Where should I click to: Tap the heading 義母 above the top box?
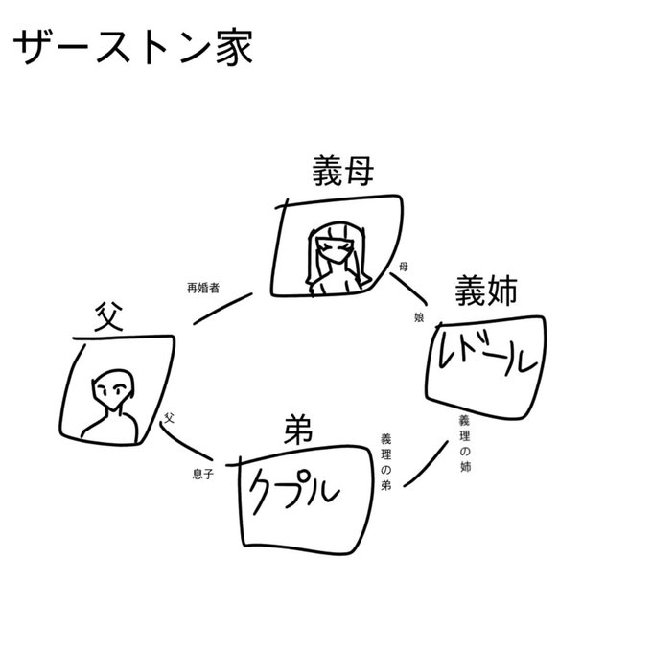(342, 173)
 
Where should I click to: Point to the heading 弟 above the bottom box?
(299, 431)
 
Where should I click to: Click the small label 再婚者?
(204, 287)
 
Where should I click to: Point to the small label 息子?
(202, 474)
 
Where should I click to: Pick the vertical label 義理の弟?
(385, 458)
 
